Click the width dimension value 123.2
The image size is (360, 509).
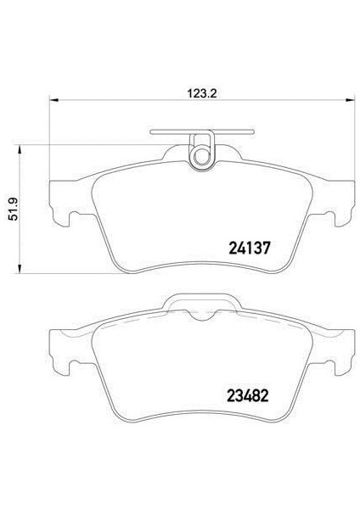pyautogui.click(x=201, y=93)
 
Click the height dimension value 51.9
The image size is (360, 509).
pyautogui.click(x=14, y=210)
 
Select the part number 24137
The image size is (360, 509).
pyautogui.click(x=250, y=248)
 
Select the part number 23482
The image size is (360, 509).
pyautogui.click(x=248, y=395)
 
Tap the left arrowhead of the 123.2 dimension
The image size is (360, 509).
pyautogui.click(x=53, y=99)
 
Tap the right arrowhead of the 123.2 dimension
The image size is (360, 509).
pyautogui.click(x=351, y=99)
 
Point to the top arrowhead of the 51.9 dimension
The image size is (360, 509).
pyautogui.click(x=20, y=150)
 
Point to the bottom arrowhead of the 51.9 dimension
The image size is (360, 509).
pyautogui.click(x=20, y=269)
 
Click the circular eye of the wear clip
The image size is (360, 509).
pyautogui.click(x=202, y=158)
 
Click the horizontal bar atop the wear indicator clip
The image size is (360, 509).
pyautogui.click(x=202, y=131)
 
